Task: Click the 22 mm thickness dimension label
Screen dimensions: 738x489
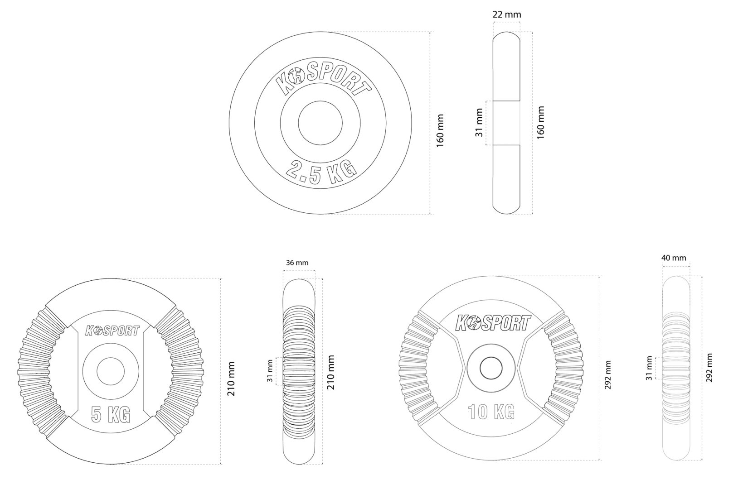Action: pyautogui.click(x=507, y=15)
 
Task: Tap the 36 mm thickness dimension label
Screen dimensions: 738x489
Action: pyautogui.click(x=297, y=263)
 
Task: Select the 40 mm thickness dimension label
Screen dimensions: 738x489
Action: pyautogui.click(x=674, y=258)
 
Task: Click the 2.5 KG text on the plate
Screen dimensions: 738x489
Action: pyautogui.click(x=320, y=172)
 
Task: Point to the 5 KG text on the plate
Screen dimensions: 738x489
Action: pyautogui.click(x=110, y=414)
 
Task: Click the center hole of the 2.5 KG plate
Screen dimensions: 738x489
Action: pyautogui.click(x=320, y=123)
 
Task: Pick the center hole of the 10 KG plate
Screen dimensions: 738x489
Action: pyautogui.click(x=491, y=368)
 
